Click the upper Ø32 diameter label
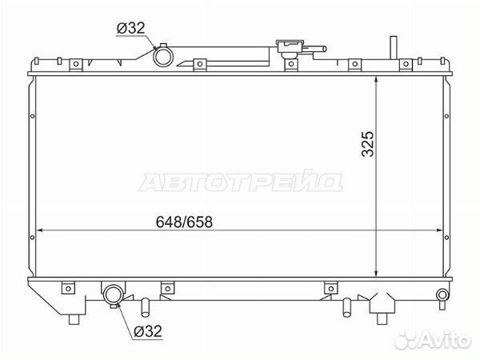130,28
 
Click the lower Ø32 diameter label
148,331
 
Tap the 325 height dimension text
367,144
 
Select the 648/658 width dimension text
184,222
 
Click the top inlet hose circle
163,57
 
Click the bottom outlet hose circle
114,294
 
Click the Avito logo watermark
433,339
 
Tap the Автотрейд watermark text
241,181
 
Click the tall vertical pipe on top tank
394,47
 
